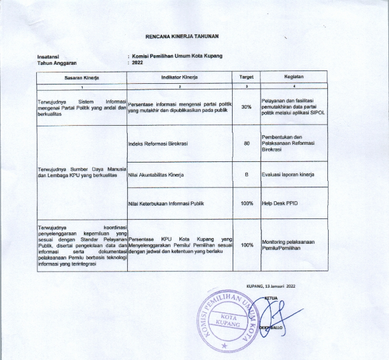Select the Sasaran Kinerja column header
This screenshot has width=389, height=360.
pyautogui.click(x=81, y=76)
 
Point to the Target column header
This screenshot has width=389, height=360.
pyautogui.click(x=246, y=76)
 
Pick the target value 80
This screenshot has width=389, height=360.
pyautogui.click(x=247, y=143)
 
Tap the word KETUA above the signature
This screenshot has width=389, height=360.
pyautogui.click(x=271, y=297)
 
